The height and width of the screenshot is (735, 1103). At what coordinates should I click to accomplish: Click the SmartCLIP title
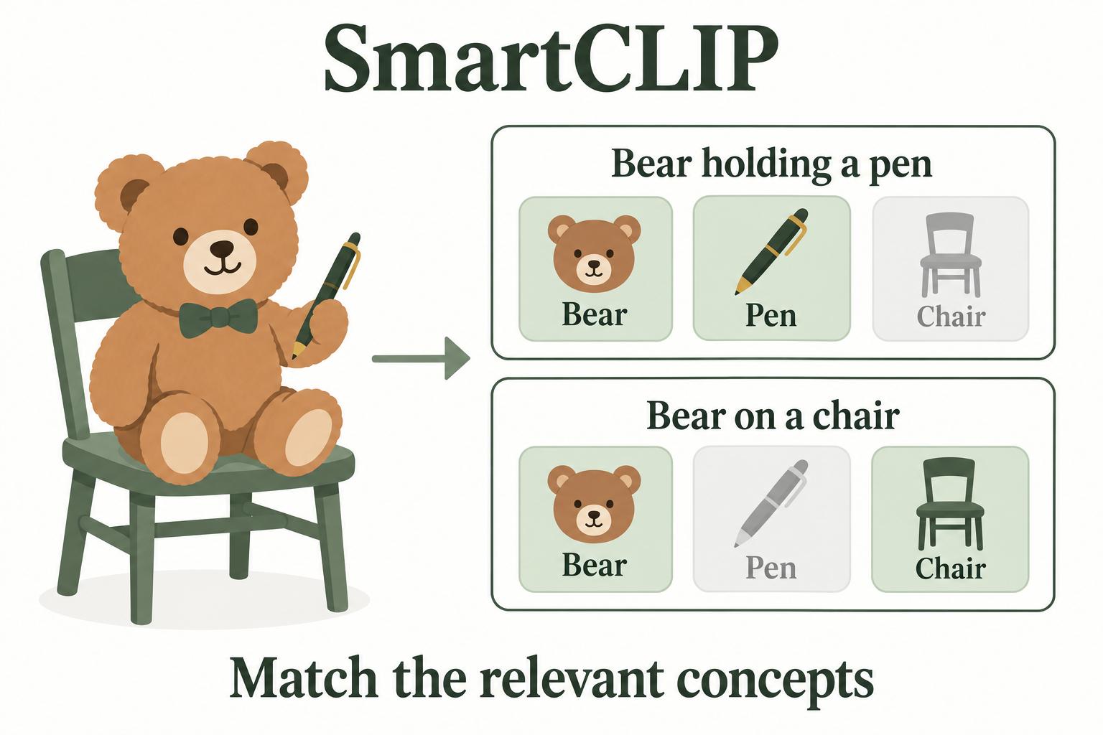[551, 58]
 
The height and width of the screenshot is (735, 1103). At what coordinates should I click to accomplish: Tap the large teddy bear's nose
[222, 248]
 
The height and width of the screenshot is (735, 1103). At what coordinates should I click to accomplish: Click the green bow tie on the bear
[218, 317]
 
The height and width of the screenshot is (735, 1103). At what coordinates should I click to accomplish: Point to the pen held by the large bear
[327, 296]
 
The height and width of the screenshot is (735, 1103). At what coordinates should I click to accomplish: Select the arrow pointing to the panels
[421, 358]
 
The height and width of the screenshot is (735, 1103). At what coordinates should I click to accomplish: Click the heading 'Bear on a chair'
[773, 416]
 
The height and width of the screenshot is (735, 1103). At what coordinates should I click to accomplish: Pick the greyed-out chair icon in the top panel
[951, 255]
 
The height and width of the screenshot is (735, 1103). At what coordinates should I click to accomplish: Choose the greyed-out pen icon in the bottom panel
[771, 503]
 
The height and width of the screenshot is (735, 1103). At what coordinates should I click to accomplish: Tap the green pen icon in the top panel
[771, 251]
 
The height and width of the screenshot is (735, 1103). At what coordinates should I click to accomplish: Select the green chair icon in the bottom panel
[950, 504]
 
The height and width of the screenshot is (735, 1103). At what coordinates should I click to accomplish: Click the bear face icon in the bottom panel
[595, 504]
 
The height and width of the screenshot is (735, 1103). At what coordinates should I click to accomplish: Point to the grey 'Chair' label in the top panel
[951, 316]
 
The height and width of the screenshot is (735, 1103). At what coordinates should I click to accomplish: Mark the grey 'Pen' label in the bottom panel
[771, 568]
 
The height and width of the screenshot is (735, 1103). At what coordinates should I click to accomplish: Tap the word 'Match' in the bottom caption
[303, 678]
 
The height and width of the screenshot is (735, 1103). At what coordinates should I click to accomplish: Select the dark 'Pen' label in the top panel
[771, 316]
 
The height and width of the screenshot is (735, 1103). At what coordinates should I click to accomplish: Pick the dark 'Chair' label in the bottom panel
[950, 568]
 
